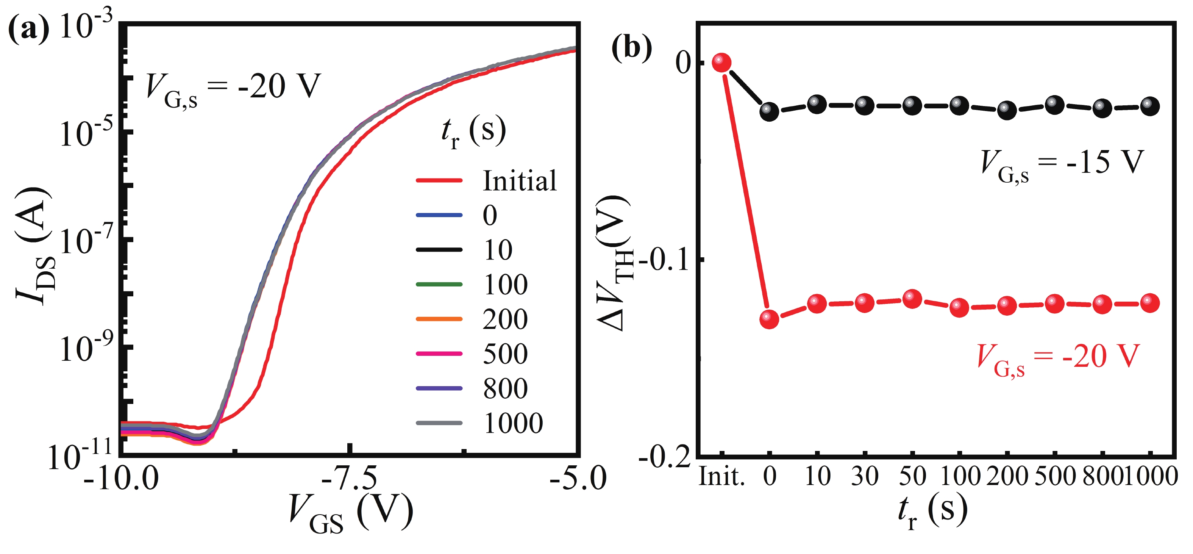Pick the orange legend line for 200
coord(439,319)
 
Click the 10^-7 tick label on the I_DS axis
coord(85,241)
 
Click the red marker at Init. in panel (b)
coord(721,62)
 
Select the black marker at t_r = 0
coord(769,112)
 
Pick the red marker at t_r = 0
coord(769,319)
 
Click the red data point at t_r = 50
coord(912,299)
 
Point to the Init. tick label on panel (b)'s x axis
coord(721,476)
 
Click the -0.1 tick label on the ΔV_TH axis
coord(667,260)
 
